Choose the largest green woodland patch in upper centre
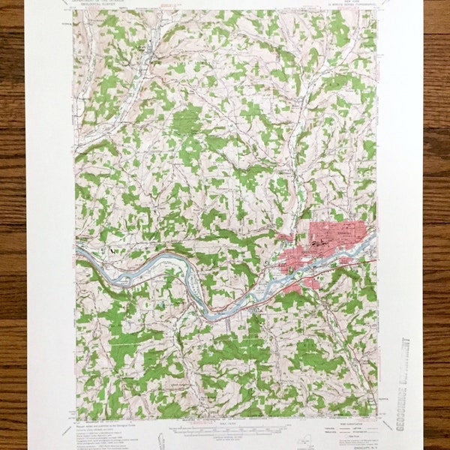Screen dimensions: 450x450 pyautogui.click(x=187, y=120)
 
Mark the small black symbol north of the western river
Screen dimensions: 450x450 pyautogui.click(x=112, y=251)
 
